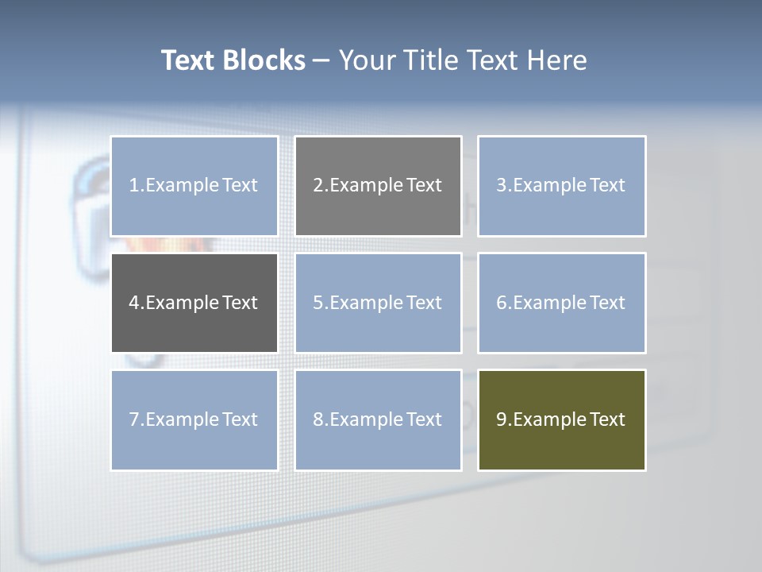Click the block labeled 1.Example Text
tap(194, 186)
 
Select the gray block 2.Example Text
tap(378, 186)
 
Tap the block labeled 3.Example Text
tap(562, 186)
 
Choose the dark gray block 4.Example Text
tap(194, 303)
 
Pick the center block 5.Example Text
tap(378, 303)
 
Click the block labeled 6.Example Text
tap(562, 303)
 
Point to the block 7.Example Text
tap(194, 419)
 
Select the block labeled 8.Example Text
tap(378, 419)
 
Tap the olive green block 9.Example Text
tap(562, 419)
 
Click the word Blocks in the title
tap(264, 60)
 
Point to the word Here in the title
tap(560, 60)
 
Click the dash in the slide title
tap(321, 60)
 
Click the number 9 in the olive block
tap(502, 419)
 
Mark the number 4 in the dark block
tap(134, 303)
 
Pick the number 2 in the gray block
tap(318, 186)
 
